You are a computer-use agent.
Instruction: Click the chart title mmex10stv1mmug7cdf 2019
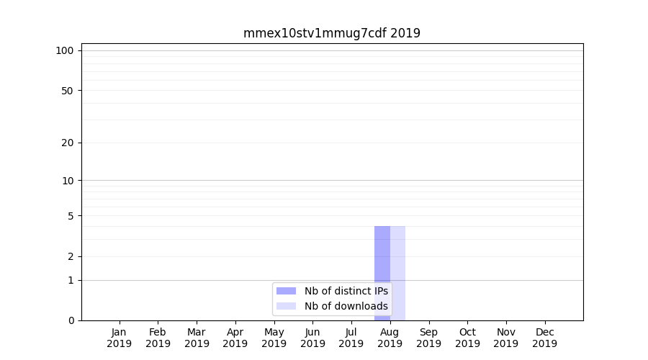click(331, 33)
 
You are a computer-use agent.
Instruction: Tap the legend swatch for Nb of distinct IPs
click(286, 291)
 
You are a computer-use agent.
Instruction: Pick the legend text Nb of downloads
click(346, 306)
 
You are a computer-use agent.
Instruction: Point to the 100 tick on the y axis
click(65, 50)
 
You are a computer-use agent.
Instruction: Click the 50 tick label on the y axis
click(68, 91)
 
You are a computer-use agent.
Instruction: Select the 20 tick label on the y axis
click(68, 143)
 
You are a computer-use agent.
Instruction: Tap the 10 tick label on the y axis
click(68, 180)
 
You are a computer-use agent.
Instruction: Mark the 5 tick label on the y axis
click(71, 215)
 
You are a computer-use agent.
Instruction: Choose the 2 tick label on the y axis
click(71, 256)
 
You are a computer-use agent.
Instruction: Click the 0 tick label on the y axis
click(71, 320)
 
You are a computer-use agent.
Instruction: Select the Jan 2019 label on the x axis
click(120, 338)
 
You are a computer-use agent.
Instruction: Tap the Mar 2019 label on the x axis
click(197, 338)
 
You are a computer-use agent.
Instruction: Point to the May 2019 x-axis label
click(274, 338)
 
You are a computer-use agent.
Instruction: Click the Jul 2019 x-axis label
click(351, 338)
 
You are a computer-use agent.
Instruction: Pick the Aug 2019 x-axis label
click(390, 338)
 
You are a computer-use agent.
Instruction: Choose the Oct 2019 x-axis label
click(467, 338)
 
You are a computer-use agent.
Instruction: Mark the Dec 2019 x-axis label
click(544, 338)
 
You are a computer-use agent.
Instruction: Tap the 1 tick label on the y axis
click(71, 280)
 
